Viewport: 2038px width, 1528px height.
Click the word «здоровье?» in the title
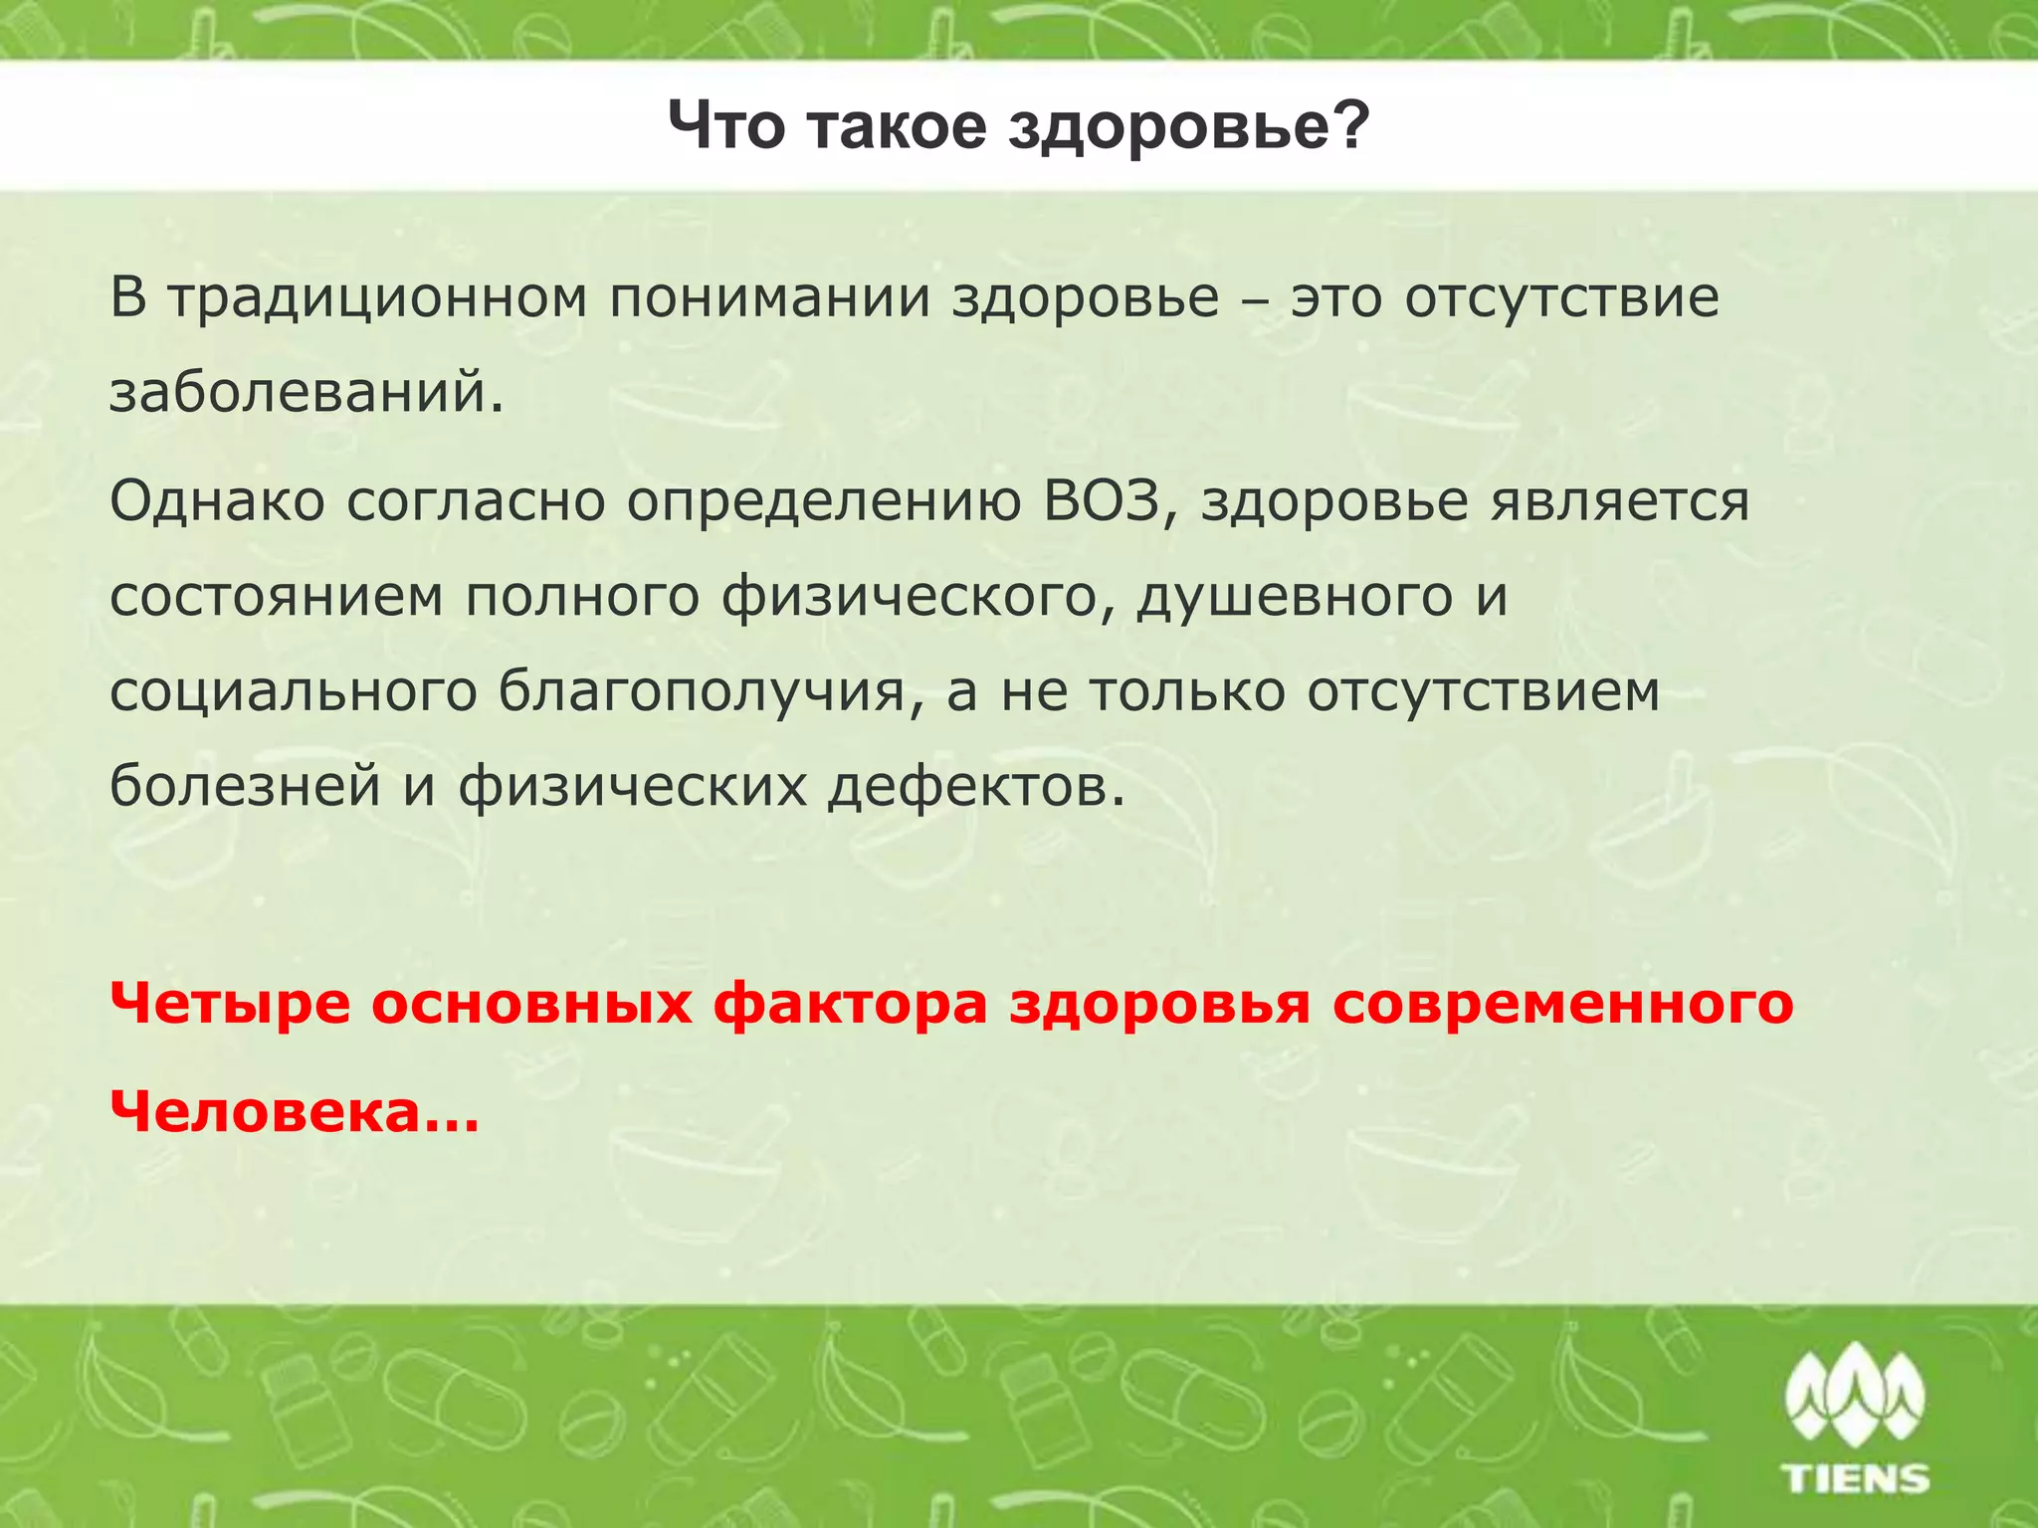pyautogui.click(x=1189, y=128)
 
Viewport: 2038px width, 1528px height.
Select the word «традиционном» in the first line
pyautogui.click(x=377, y=298)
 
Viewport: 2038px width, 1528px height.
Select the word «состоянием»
pyautogui.click(x=277, y=597)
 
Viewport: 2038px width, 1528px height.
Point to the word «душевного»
pyautogui.click(x=1295, y=597)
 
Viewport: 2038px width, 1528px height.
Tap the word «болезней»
pyautogui.click(x=245, y=786)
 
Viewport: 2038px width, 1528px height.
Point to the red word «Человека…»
pyautogui.click(x=295, y=1111)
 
